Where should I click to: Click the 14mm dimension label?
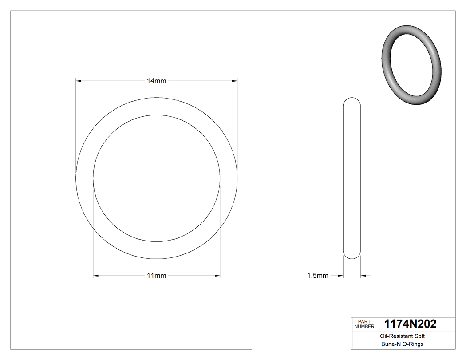tap(157, 81)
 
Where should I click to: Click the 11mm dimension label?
tap(157, 276)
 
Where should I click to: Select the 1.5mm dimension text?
tap(318, 276)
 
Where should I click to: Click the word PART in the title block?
tap(363, 321)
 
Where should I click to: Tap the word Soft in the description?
tap(420, 336)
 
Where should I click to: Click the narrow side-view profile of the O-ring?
tap(352, 178)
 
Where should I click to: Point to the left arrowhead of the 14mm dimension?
tap(79, 81)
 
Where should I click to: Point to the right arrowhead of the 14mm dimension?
tap(234, 81)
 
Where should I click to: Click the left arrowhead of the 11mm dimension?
tap(96, 276)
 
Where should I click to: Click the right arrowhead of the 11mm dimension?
tap(217, 276)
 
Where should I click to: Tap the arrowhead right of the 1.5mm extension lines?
tap(363, 276)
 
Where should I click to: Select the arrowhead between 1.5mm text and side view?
tap(340, 276)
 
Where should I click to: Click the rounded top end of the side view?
tap(352, 99)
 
